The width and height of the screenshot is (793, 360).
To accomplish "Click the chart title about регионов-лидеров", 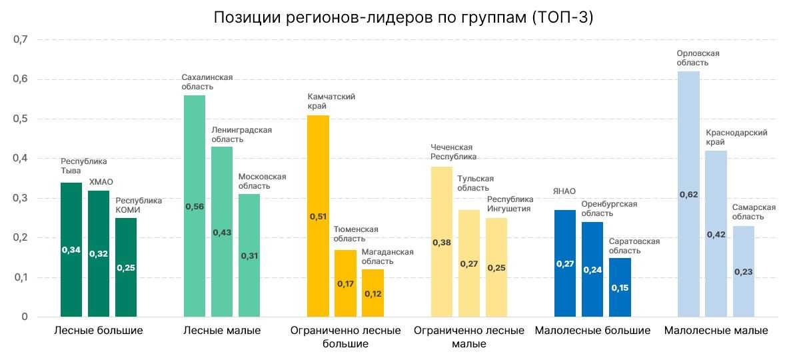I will [x=403, y=17].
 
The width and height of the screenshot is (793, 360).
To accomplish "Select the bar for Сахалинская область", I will [x=195, y=207].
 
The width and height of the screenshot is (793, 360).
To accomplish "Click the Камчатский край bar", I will [x=318, y=217].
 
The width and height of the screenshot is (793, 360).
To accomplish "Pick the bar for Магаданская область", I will [x=373, y=293].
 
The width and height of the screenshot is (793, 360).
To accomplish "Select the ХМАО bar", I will [x=98, y=253].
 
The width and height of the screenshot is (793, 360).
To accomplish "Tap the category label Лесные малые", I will [x=222, y=331].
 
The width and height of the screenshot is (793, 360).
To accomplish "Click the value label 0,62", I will [x=689, y=195].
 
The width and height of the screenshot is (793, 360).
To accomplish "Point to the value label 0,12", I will [x=373, y=294].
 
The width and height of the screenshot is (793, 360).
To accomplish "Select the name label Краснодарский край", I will [x=736, y=137].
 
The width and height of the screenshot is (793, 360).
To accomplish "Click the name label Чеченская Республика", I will [x=454, y=152].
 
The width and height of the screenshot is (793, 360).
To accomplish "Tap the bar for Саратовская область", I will [x=620, y=288].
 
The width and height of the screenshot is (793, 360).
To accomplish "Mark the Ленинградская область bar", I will [x=222, y=232].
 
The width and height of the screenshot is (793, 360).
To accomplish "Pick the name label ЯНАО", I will [x=564, y=191].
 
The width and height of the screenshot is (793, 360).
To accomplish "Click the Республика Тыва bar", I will [x=71, y=250].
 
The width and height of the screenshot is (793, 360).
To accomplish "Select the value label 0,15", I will [x=620, y=288].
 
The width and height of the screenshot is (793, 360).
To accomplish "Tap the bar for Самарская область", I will [x=744, y=271].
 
